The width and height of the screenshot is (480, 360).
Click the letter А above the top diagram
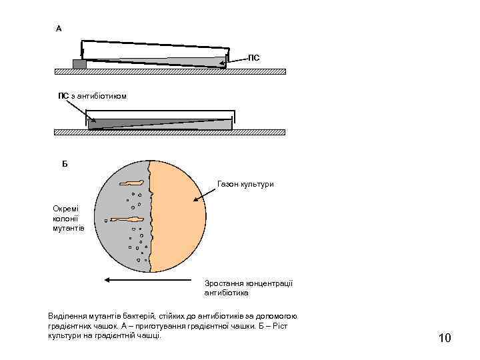[59, 29]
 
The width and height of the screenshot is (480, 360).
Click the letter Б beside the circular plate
[65, 163]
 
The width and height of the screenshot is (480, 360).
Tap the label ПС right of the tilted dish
[254, 59]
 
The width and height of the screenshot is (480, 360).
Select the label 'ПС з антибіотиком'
[92, 97]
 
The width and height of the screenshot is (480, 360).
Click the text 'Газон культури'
[245, 183]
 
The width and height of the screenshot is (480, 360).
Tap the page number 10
[445, 339]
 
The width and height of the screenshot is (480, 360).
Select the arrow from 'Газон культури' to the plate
[205, 195]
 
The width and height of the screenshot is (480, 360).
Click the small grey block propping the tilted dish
[79, 64]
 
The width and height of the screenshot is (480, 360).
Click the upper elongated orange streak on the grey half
[133, 182]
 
